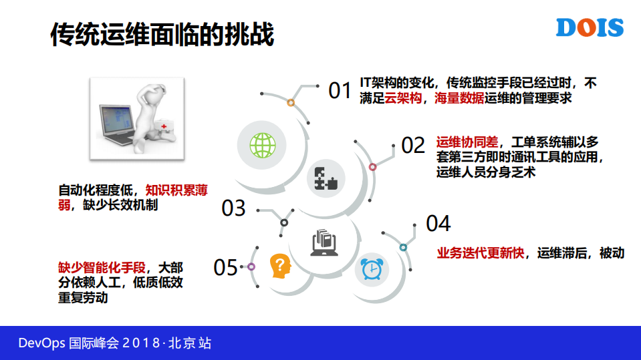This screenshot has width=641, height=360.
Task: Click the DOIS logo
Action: coord(590,27)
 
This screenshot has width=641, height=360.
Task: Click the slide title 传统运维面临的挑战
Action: coord(162,34)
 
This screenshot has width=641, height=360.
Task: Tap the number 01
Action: coord(340,91)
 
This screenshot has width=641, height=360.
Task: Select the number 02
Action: coord(413,146)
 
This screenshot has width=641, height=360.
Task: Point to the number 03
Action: coord(234,208)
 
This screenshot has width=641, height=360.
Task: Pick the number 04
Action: coord(438,224)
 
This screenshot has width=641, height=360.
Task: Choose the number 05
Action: coord(226,268)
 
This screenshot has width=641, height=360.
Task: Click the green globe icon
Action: coord(263,144)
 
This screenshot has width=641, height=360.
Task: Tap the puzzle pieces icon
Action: coord(327,178)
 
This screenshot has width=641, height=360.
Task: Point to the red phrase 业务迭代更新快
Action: coord(481,253)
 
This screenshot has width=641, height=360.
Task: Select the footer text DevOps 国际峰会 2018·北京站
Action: coord(115,343)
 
